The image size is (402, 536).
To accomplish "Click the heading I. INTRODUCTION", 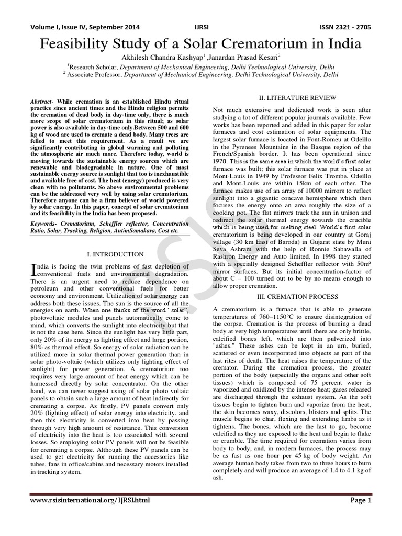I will tap(115, 254).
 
